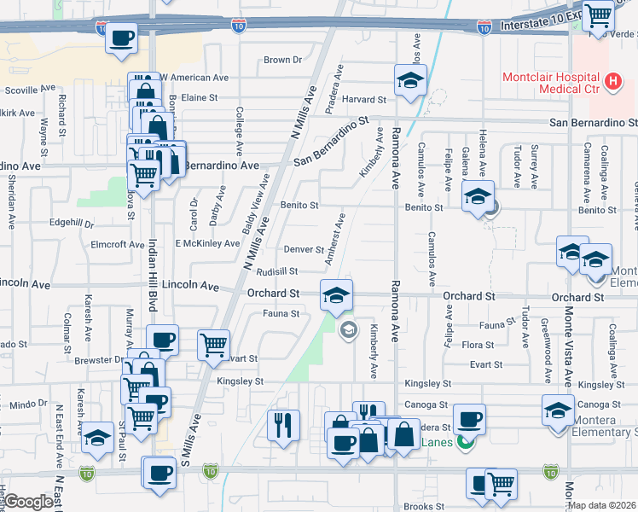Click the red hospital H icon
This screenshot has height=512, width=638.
click(x=612, y=83)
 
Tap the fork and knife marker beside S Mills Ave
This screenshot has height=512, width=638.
click(x=283, y=423)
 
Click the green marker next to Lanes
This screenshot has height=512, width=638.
click(x=465, y=442)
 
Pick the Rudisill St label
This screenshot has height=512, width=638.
click(x=276, y=271)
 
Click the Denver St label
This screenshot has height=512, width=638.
click(x=304, y=250)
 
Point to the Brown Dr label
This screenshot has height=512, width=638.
click(x=283, y=60)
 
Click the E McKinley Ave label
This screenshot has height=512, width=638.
click(x=207, y=243)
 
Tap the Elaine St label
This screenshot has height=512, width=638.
click(x=200, y=98)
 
